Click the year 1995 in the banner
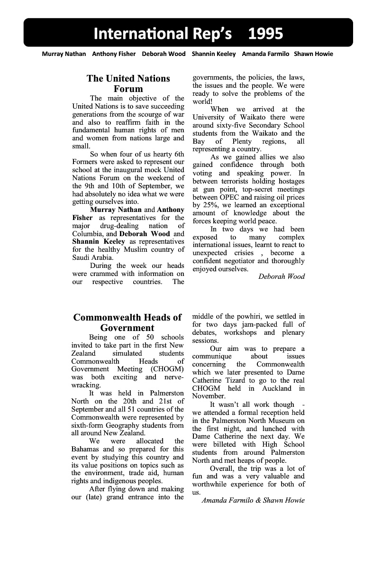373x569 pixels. (x=265, y=33)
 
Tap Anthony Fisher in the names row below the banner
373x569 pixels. (x=114, y=54)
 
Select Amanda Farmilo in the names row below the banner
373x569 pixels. (x=265, y=54)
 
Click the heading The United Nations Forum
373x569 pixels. (x=128, y=83)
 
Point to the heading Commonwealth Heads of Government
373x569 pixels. (x=127, y=322)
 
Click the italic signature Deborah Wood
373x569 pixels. (x=282, y=276)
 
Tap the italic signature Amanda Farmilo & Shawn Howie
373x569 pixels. (x=253, y=500)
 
